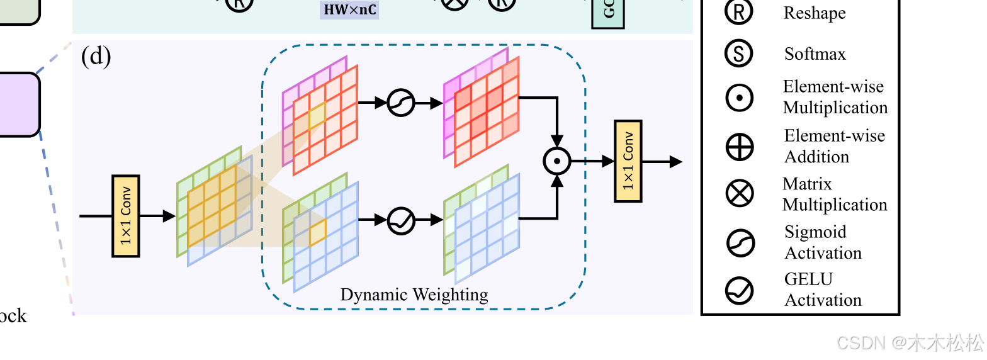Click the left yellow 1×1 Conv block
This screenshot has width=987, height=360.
[x=125, y=216]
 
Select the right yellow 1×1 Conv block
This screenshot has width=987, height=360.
[x=628, y=161]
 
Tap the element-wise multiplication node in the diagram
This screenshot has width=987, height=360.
[x=556, y=161]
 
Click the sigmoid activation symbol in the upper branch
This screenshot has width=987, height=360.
[x=400, y=103]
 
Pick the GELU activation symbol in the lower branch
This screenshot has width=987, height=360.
[x=401, y=220]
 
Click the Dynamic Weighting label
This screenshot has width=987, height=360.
[x=414, y=295]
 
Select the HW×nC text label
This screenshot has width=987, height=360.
[x=349, y=9]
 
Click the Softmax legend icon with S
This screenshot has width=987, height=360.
[x=739, y=54]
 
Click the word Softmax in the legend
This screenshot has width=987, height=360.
[x=815, y=54]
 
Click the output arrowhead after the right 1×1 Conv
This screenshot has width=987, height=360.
[x=676, y=162]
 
